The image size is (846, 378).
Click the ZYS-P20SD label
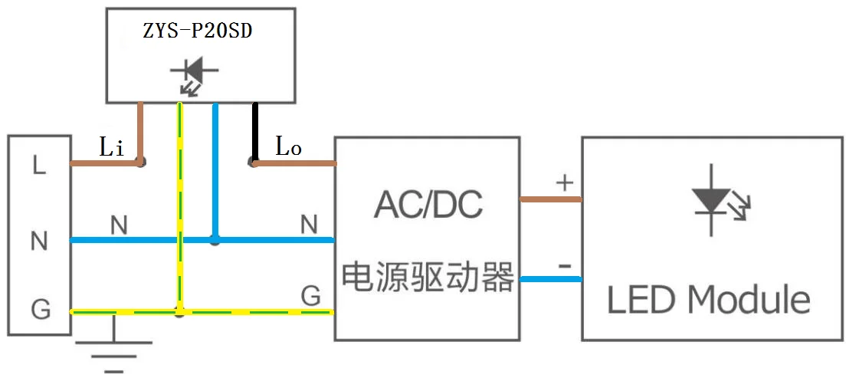[x=199, y=31]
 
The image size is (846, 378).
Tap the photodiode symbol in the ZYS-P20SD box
[x=192, y=75]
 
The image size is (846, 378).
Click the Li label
[x=112, y=147]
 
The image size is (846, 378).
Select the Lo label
[x=288, y=148]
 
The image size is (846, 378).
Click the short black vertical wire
[x=255, y=131]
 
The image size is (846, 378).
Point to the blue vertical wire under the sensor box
[x=215, y=169]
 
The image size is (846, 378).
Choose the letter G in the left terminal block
[x=40, y=310]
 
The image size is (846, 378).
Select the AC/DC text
[x=428, y=205]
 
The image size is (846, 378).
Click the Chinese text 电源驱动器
[x=428, y=277]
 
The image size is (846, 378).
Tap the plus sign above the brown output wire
[x=564, y=182]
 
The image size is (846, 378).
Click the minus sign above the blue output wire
[x=564, y=266]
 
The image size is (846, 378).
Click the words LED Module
[x=709, y=300]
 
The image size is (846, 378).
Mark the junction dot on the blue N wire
[x=215, y=241]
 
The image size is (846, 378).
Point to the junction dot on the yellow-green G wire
[x=179, y=312]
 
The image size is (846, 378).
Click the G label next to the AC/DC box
[x=310, y=295]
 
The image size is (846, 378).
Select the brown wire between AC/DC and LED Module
[x=550, y=199]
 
